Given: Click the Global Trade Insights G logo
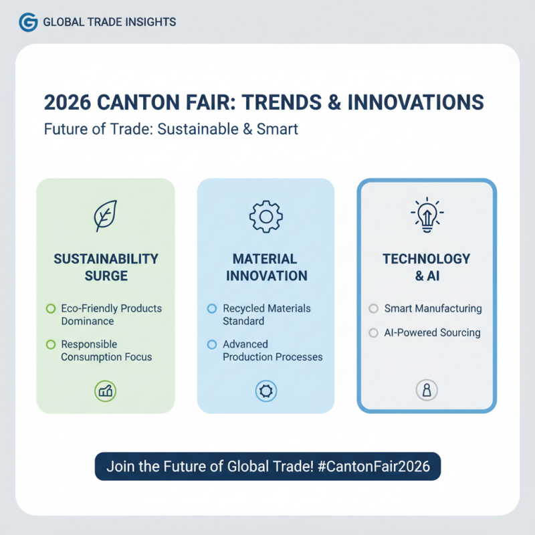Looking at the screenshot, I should point(28,22).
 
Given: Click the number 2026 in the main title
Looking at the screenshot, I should point(68,104).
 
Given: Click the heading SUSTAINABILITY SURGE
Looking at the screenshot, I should point(106,267).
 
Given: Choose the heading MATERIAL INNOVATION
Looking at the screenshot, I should point(266,267).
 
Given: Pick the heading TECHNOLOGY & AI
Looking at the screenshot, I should point(426,267).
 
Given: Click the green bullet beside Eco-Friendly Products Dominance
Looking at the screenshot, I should point(50,309).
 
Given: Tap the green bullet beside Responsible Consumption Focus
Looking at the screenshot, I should point(50,344).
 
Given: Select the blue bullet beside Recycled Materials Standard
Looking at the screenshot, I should point(212,309).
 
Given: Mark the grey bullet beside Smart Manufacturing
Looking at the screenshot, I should point(373,309).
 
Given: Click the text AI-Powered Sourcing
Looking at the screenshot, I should point(432,332).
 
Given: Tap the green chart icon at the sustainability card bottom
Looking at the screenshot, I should point(105,391).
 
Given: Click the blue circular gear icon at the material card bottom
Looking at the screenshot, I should point(265,391).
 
